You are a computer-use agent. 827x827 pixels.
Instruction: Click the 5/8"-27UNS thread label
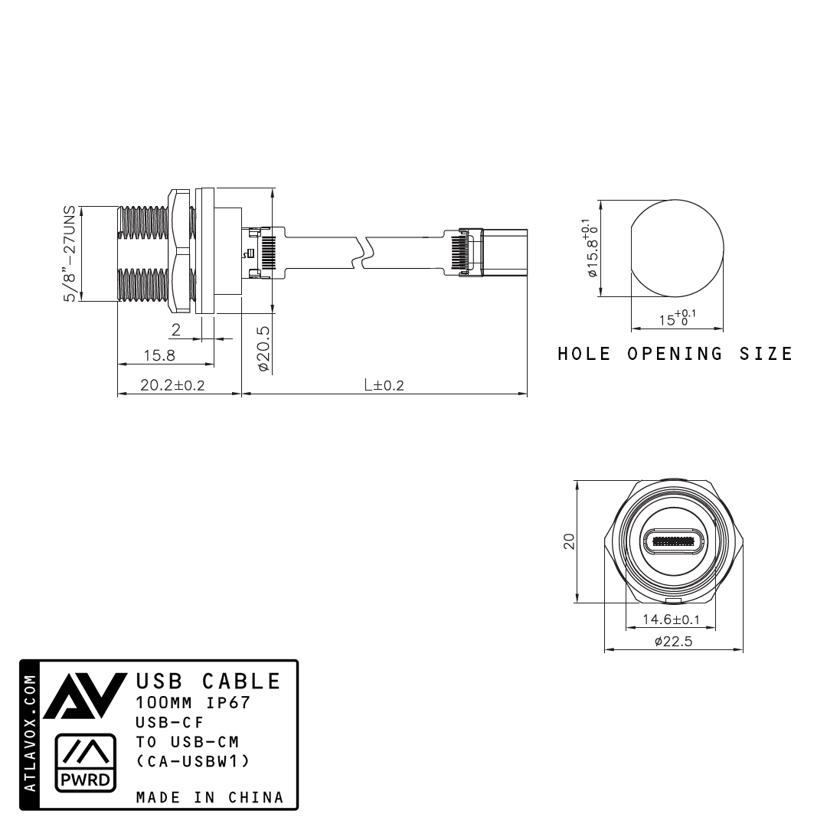tap(70, 253)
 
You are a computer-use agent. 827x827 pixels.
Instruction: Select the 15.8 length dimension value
tap(159, 355)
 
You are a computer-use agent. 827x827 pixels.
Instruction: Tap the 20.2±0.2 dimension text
tap(172, 385)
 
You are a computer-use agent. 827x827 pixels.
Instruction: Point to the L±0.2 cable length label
tap(384, 385)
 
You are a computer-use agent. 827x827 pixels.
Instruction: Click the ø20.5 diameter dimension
tap(263, 348)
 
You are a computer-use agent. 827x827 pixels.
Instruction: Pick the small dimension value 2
tap(175, 330)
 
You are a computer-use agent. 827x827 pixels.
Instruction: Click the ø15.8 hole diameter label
tap(590, 249)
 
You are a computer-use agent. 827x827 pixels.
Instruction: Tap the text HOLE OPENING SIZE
tap(675, 354)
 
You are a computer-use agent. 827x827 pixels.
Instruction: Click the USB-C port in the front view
tap(673, 542)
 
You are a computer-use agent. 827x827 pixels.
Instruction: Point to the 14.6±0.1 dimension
tap(671, 619)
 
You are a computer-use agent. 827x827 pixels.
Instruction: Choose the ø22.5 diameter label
tap(673, 642)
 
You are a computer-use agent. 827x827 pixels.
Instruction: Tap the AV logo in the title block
tap(83, 697)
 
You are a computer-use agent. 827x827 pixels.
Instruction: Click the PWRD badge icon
tap(86, 763)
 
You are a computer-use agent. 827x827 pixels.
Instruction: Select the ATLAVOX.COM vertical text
tap(30, 734)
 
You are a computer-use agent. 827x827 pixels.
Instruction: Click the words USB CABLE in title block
tap(208, 681)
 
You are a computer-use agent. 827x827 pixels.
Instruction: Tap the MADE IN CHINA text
tap(210, 797)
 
